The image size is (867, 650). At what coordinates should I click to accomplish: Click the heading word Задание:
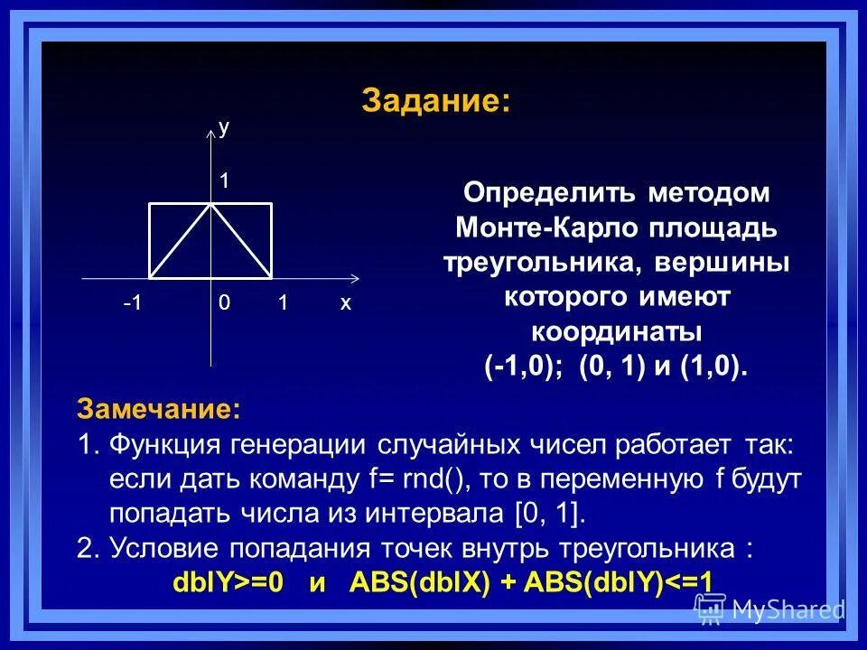pos(435,101)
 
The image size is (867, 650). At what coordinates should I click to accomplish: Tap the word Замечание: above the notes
pos(159,409)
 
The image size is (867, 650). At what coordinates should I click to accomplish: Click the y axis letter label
pos(224,128)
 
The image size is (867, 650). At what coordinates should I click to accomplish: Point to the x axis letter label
pos(345,304)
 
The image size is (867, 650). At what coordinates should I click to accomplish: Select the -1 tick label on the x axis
pos(133,304)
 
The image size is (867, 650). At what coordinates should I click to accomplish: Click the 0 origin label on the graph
pos(223,304)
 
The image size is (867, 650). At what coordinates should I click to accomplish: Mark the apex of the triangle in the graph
pos(210,204)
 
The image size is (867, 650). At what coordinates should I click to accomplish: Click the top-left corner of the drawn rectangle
pos(149,204)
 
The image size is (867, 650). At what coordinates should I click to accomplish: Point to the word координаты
pos(616,331)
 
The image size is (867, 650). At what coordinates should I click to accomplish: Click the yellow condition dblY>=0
pos(228,582)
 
